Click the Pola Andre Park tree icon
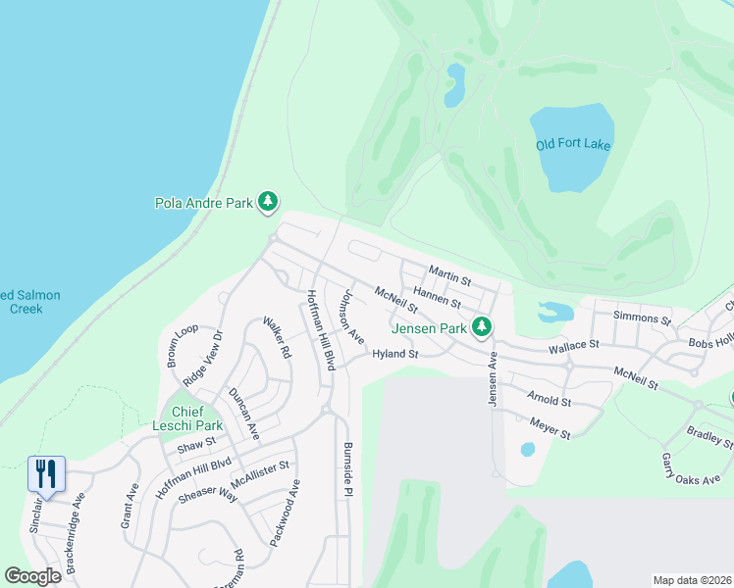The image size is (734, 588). click(x=267, y=203)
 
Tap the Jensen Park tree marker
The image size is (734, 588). click(x=481, y=327)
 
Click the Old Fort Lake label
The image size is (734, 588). click(x=574, y=145)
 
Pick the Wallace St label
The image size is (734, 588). click(x=573, y=346)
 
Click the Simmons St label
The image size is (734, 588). click(x=641, y=318)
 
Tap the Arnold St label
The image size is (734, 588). click(x=549, y=400)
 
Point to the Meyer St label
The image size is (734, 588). click(x=550, y=427)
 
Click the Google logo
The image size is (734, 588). click(x=32, y=575)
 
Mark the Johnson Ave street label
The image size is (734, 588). click(x=351, y=316)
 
